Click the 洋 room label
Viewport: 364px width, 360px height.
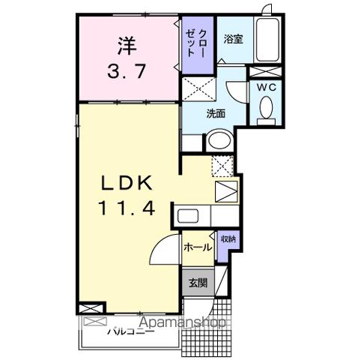tap(127, 46)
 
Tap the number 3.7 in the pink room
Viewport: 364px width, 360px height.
tap(126, 73)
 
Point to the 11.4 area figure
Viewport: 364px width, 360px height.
tap(126, 211)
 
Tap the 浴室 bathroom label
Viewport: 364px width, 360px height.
tap(233, 38)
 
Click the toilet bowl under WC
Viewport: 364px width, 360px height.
tap(264, 109)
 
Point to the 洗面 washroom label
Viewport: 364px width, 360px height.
tap(216, 113)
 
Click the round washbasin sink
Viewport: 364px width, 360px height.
tap(219, 140)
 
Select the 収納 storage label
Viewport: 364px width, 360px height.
tap(228, 240)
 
